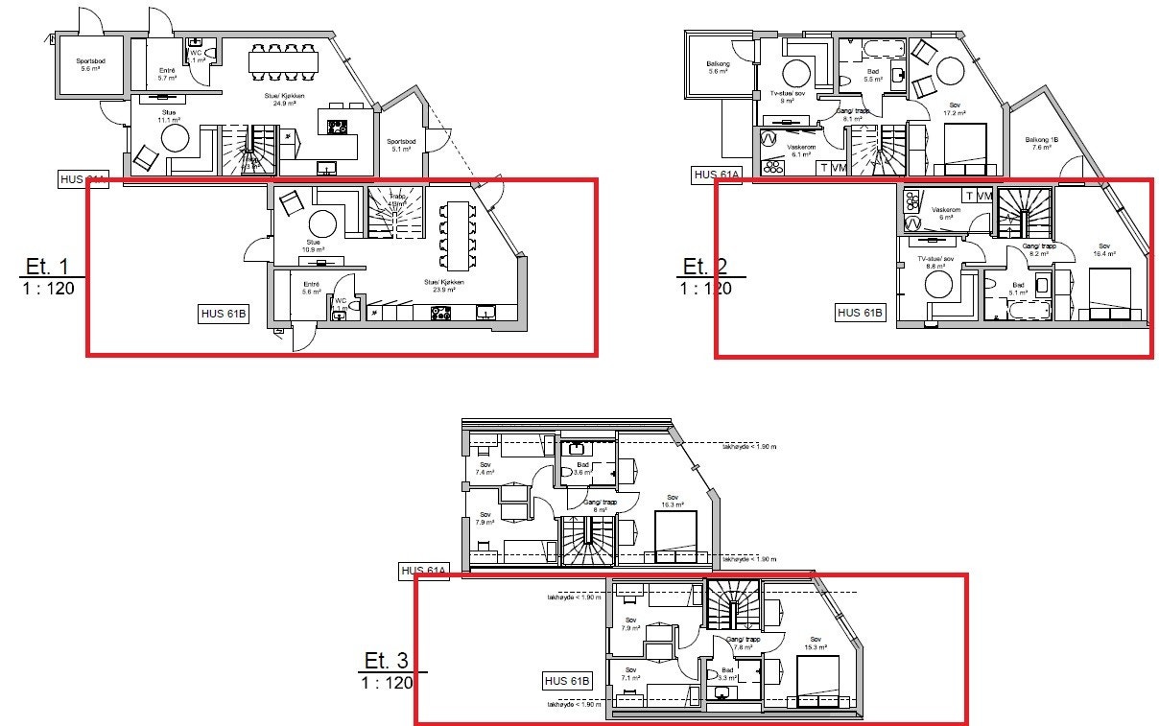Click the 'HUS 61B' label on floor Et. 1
pos(224,313)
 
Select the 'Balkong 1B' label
pos(1042,142)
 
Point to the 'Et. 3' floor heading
pos(387,661)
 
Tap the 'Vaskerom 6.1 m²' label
pos(800,151)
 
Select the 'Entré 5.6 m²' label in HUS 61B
pos(311,287)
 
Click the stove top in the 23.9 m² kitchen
pos(441,312)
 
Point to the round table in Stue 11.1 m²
pos(176,138)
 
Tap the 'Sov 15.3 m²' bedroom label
pos(816,643)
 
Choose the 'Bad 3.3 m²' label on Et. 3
pos(727,673)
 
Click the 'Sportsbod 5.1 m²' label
pos(402,145)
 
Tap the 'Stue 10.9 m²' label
pos(313,246)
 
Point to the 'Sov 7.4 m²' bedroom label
pos(485,468)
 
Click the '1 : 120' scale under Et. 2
pos(706,287)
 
